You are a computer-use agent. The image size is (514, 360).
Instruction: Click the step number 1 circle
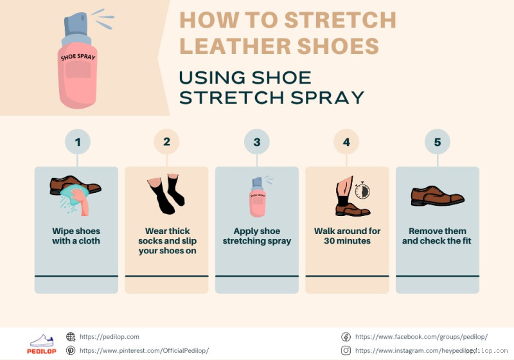point(77,142)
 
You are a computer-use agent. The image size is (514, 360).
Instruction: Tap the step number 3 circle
point(256,142)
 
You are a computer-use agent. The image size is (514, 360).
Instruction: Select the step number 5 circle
point(437,142)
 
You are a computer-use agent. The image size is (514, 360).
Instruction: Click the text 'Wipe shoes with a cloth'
point(76,236)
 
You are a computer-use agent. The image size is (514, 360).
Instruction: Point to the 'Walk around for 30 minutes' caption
point(347,236)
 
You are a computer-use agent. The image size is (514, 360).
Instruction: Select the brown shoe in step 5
point(437,195)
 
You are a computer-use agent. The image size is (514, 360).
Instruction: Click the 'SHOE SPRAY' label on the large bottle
point(78,57)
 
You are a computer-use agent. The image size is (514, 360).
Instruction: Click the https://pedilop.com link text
point(109,336)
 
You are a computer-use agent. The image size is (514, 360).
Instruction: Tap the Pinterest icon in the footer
point(71,350)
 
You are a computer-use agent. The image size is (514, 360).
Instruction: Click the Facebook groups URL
point(421,336)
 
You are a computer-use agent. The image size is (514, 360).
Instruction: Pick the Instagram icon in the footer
point(346,350)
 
